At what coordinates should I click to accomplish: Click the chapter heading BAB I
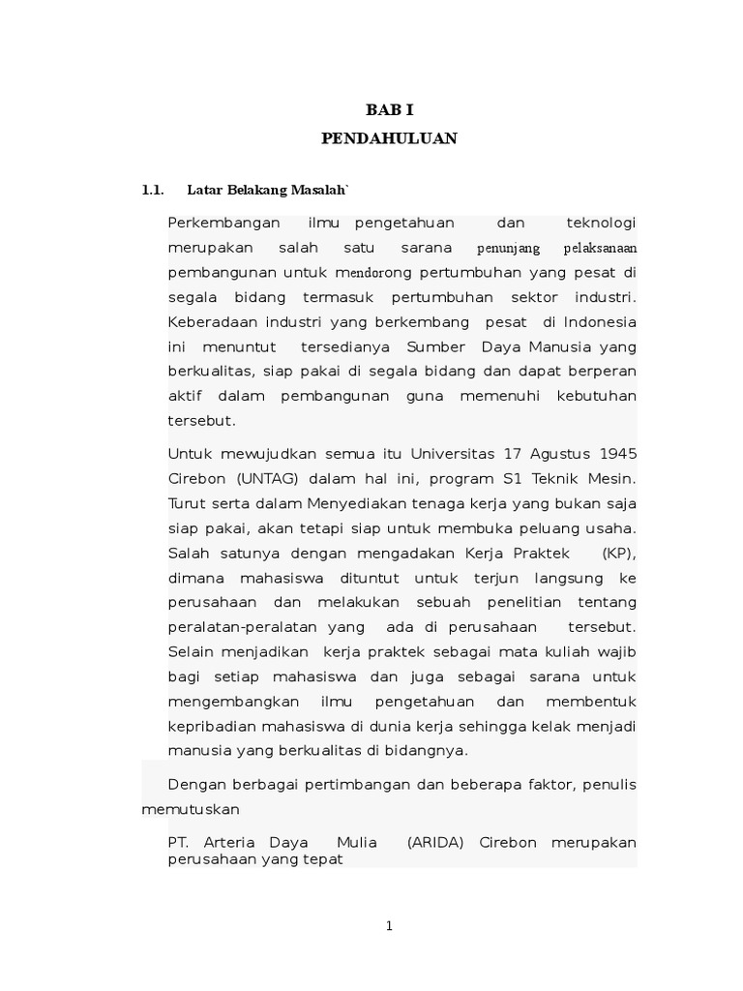(x=388, y=111)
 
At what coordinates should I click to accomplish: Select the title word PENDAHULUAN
(x=389, y=138)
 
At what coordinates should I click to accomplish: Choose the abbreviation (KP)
(x=615, y=554)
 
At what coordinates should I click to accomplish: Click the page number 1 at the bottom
(x=389, y=926)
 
